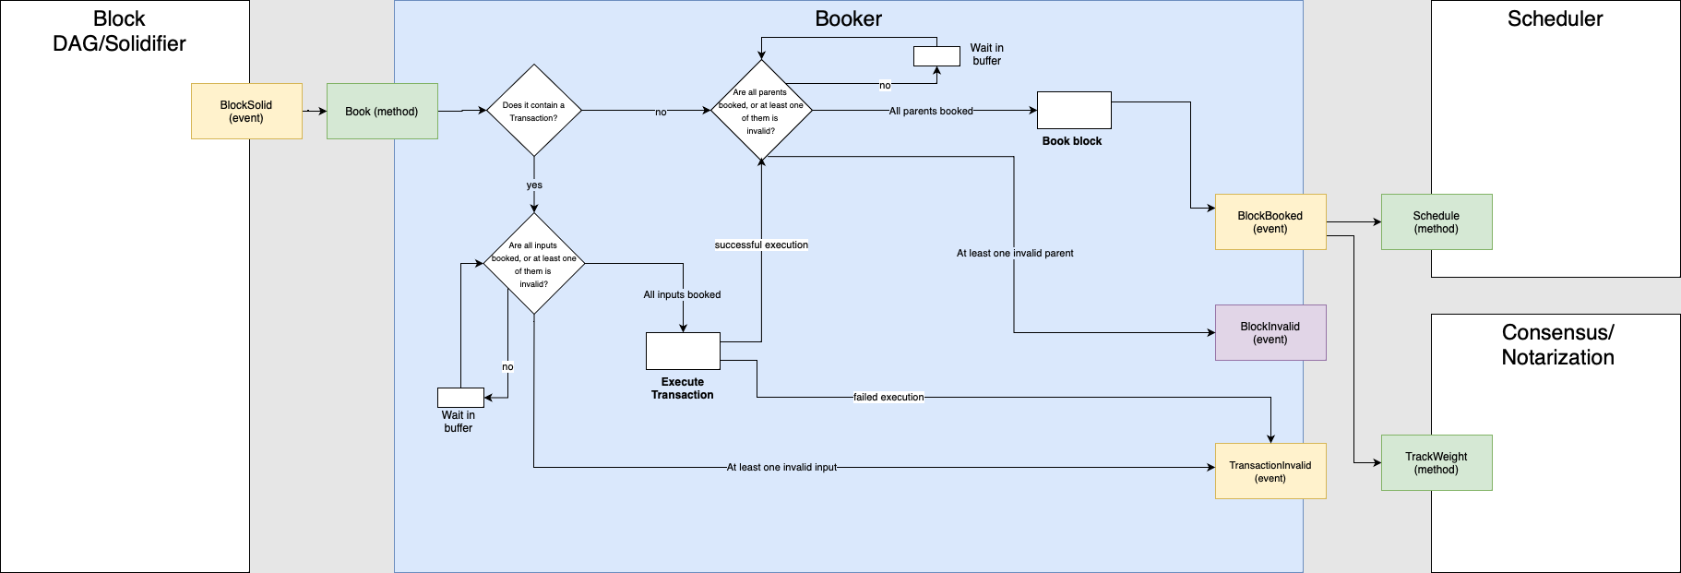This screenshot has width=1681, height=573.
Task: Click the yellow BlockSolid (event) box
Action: (246, 112)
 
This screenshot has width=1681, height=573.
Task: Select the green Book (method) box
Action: (382, 112)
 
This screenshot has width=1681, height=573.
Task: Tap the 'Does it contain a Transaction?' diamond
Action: (533, 111)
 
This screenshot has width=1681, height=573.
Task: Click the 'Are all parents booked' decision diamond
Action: (761, 111)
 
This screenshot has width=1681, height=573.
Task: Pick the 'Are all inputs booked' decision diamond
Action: (533, 264)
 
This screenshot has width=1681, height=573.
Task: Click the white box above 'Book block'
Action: (1074, 110)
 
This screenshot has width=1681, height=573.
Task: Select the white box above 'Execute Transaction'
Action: (683, 351)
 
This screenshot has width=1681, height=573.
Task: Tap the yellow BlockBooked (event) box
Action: (1270, 221)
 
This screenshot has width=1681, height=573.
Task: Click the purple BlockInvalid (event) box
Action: (1270, 332)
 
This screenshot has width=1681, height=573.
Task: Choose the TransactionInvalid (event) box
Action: (1270, 472)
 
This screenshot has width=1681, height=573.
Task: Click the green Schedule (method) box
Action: (1437, 221)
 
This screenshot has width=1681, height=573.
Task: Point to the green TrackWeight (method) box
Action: (1437, 462)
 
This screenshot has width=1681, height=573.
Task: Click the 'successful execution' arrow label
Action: (761, 245)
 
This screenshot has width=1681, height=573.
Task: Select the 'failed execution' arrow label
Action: (888, 397)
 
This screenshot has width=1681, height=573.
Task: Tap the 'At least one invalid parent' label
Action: (1015, 253)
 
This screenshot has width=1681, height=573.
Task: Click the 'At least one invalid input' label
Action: (781, 467)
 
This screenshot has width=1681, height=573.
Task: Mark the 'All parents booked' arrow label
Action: (931, 111)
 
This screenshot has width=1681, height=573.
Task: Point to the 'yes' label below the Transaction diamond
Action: (534, 185)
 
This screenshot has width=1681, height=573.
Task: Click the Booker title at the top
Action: (848, 18)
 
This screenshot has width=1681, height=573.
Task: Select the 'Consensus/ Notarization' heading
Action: (1557, 345)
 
